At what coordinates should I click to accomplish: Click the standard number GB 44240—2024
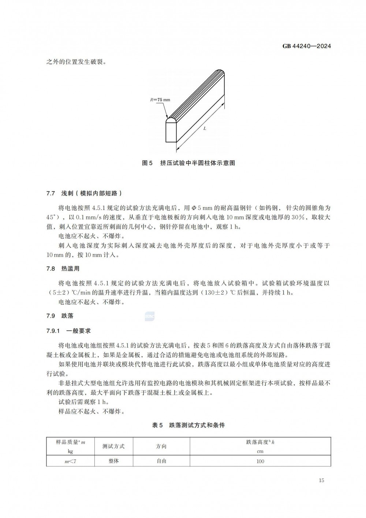(306, 46)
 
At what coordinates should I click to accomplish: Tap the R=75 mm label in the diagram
(160, 99)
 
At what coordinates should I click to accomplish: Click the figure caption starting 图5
(188, 163)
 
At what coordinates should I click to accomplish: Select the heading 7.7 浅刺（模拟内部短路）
(84, 193)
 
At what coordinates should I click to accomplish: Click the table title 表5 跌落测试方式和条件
(188, 425)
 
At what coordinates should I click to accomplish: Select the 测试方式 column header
(113, 446)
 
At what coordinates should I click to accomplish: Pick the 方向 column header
(161, 446)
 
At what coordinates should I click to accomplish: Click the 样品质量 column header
(70, 446)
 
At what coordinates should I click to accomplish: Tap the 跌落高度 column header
(260, 446)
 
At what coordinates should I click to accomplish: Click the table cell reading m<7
(70, 461)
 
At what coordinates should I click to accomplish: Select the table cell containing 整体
(113, 461)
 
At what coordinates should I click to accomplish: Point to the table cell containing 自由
(161, 461)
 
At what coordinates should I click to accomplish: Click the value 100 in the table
(260, 461)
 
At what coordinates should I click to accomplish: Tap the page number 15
(321, 480)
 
